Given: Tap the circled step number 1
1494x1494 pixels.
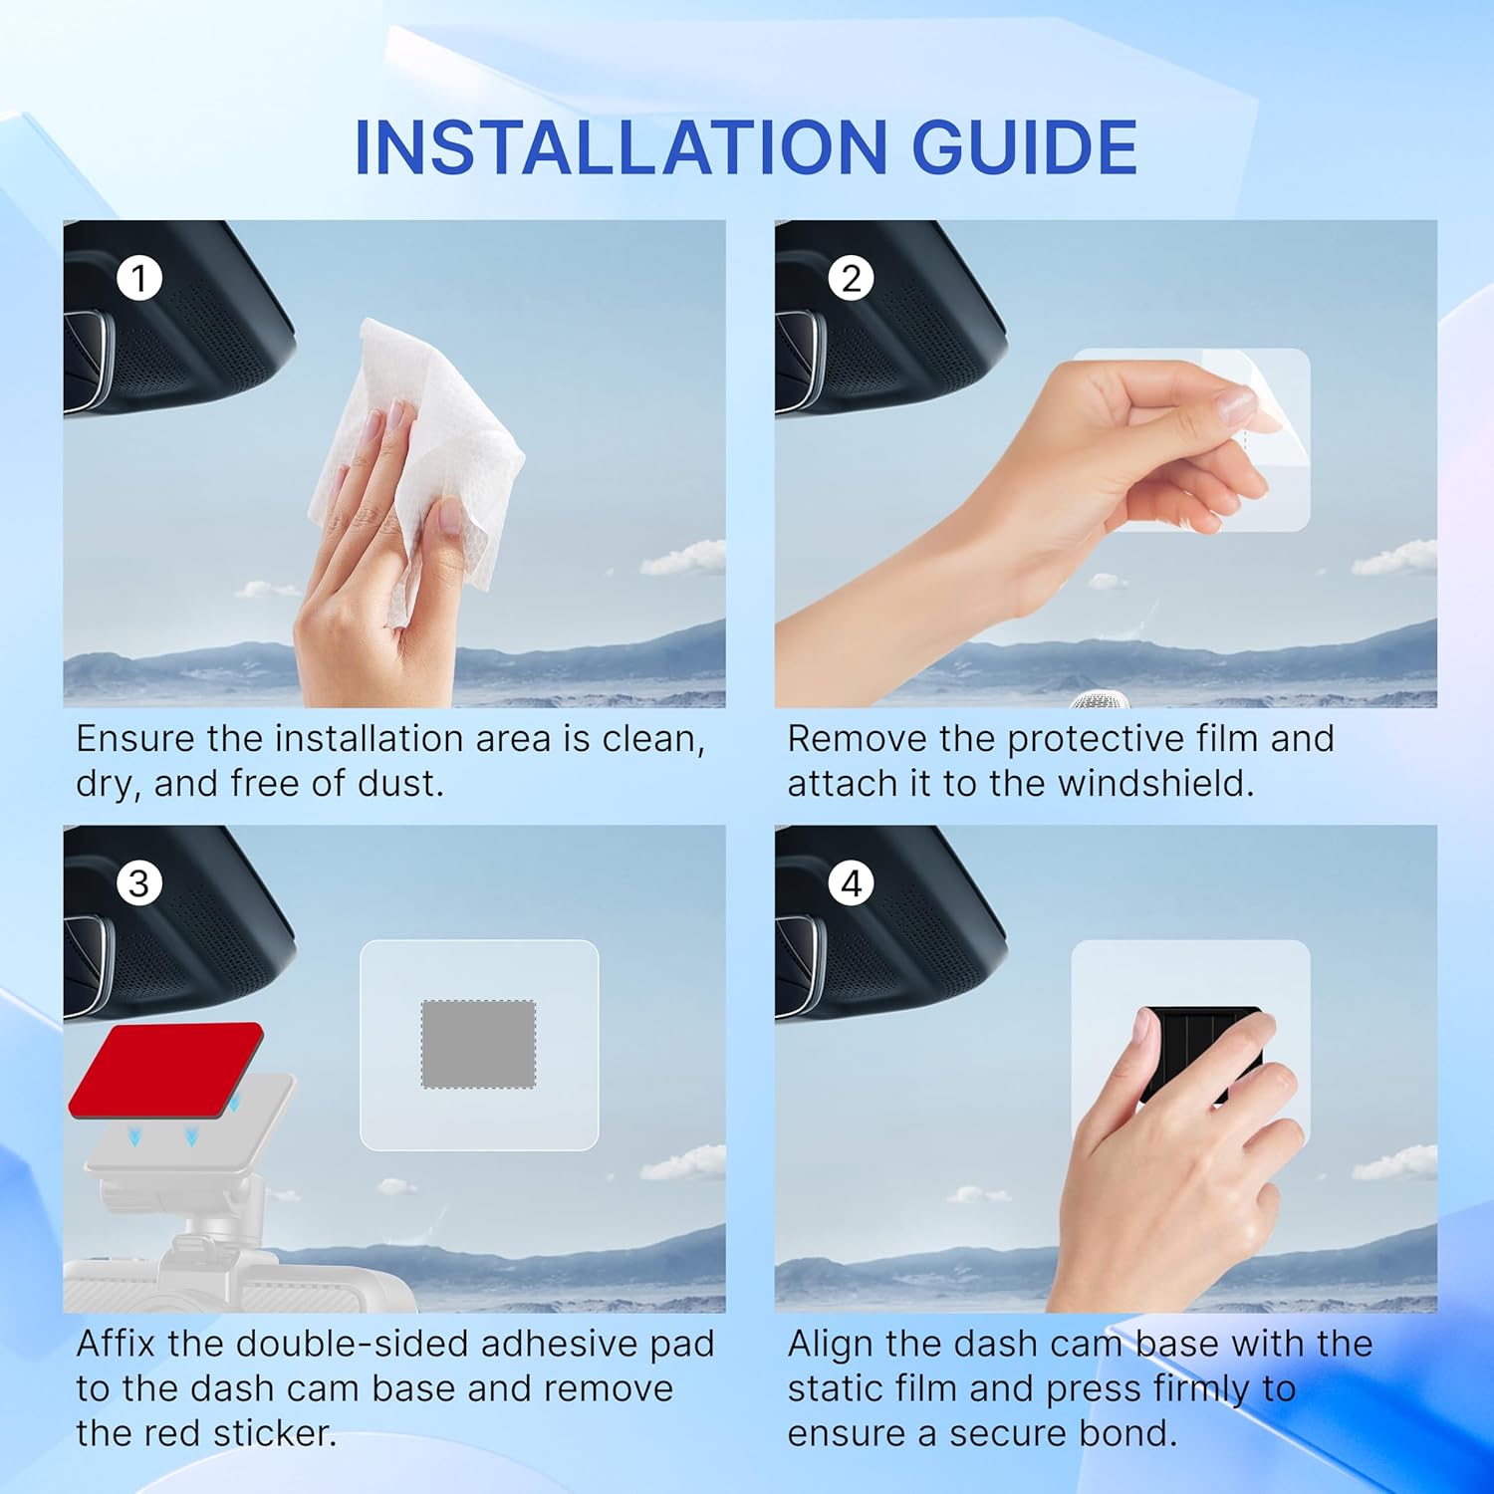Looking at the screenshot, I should pos(139,278).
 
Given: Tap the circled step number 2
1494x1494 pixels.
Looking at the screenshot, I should pos(851,278).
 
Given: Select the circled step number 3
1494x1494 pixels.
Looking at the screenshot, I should pos(139,883).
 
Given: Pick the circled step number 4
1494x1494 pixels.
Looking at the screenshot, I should pos(851,883).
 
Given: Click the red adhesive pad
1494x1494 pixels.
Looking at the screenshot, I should pos(165,1069).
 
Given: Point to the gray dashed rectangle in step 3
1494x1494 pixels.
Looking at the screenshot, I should pos(478,1044).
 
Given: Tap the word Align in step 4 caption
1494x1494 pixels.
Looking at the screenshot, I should pos(831,1344).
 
